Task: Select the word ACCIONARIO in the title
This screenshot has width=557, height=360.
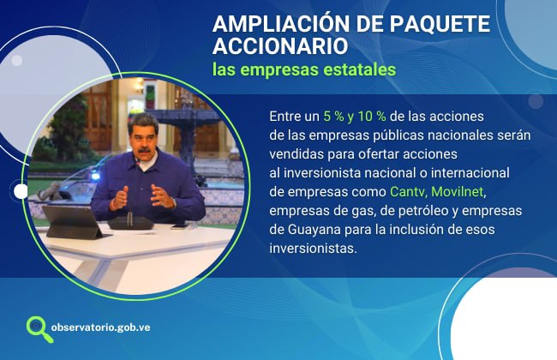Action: [x=280, y=46]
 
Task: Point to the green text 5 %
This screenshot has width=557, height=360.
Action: [x=333, y=117]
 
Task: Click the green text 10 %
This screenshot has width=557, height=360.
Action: [x=372, y=117]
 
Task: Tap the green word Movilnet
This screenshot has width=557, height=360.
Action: [x=458, y=191]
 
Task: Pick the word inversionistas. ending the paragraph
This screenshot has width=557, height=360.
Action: [x=313, y=248]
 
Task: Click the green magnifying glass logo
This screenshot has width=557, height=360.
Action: [x=39, y=329]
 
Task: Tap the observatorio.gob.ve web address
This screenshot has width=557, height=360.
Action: [x=100, y=327]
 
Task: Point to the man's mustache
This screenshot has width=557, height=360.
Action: [x=144, y=150]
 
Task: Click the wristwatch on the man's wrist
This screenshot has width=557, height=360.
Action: [x=174, y=203]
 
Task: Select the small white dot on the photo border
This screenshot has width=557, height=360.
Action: [x=21, y=191]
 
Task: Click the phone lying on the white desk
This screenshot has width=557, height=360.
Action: [x=180, y=226]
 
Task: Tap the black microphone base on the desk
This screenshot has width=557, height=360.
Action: [x=130, y=223]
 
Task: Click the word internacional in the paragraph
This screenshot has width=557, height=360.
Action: [x=470, y=173]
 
